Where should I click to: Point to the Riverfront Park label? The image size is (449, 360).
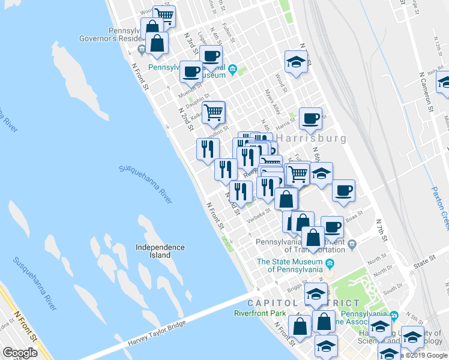259,313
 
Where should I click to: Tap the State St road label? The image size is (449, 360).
423,262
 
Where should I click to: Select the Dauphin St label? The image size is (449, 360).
198,95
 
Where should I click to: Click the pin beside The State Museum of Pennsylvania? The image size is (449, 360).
330,263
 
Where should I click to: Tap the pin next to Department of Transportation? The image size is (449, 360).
352,244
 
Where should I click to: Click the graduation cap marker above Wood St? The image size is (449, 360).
296,61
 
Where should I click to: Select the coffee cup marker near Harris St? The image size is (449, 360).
310,118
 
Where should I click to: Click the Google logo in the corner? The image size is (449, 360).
20,353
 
